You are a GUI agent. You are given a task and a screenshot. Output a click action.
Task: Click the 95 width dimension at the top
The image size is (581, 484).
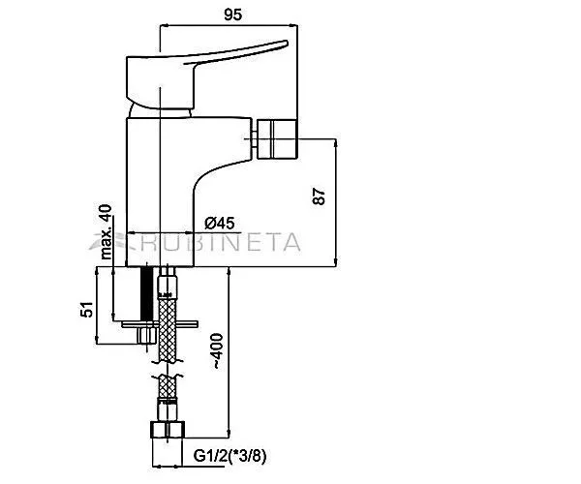coord(233,15)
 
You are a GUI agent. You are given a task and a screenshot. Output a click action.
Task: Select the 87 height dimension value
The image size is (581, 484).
coord(319,197)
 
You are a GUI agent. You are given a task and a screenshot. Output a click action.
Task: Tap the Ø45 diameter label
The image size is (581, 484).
coord(220,223)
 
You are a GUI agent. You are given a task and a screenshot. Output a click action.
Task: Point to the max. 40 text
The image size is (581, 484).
coord(106,231)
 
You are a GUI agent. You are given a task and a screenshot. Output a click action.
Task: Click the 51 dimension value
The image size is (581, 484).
coord(87,309)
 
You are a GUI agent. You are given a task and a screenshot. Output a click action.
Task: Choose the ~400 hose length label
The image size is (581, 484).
coord(218,351)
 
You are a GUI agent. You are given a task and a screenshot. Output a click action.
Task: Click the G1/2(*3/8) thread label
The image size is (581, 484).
coord(229,456)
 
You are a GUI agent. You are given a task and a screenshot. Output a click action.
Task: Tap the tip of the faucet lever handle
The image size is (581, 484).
coord(287,43)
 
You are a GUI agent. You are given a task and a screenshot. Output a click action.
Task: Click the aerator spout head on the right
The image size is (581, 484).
coord(277,138)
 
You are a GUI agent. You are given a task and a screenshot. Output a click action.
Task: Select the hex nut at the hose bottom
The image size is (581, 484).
coord(168,430)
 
